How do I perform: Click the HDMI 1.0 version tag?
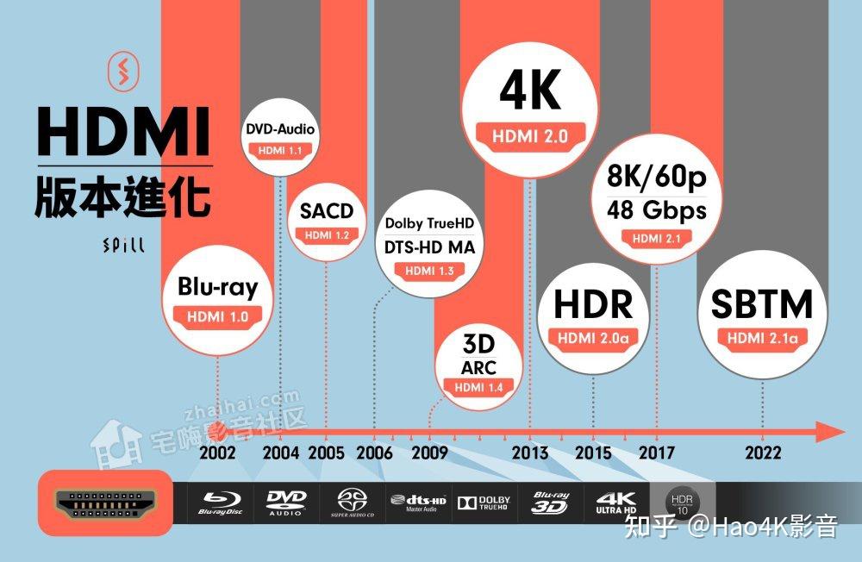(217, 316)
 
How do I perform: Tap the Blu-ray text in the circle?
(217, 286)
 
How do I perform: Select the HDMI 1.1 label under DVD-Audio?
(281, 150)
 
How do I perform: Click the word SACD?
(327, 211)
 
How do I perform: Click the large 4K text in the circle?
(530, 91)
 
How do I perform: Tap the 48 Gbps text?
(656, 209)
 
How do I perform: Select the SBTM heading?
(762, 304)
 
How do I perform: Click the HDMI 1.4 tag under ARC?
(478, 387)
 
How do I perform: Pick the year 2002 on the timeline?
(217, 453)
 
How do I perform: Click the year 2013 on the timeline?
(529, 453)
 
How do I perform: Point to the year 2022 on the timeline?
(764, 453)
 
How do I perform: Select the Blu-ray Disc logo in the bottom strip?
(222, 503)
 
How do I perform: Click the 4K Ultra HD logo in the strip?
(615, 503)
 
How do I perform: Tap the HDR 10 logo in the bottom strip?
(682, 503)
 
